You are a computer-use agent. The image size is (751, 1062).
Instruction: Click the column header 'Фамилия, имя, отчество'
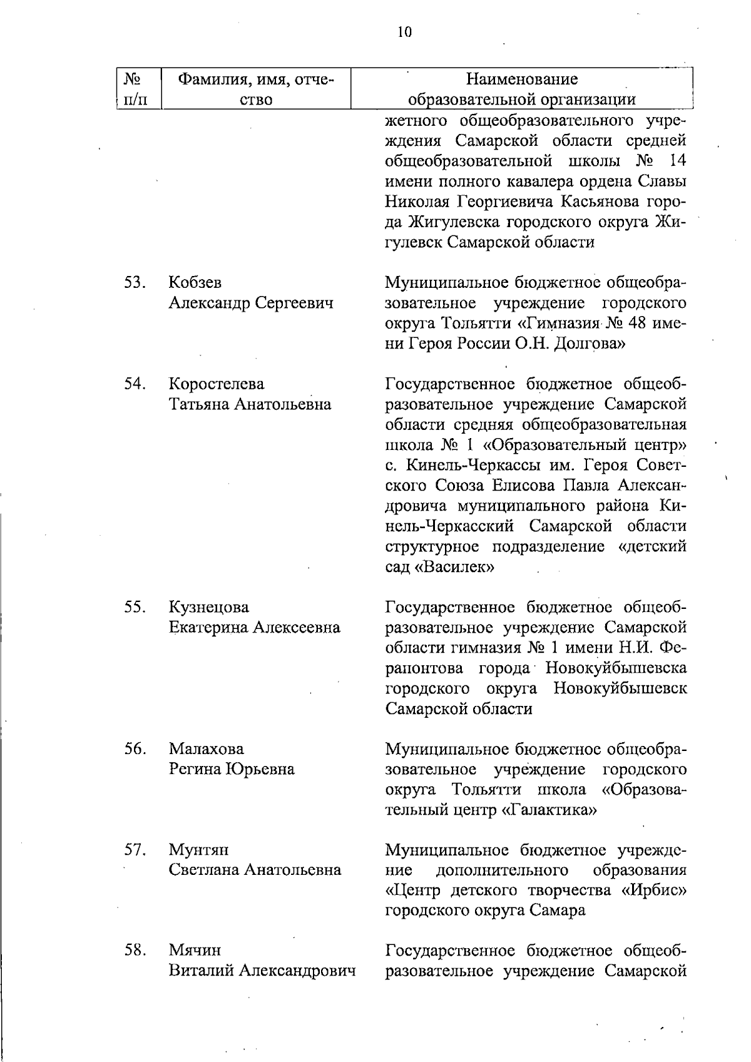coord(257,89)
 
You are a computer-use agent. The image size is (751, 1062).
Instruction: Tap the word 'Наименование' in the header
coord(522,79)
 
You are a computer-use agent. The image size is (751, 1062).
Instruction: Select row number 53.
coord(135,282)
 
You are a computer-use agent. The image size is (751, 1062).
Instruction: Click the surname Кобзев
coord(195,282)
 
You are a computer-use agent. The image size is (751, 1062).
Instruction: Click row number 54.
coord(135,384)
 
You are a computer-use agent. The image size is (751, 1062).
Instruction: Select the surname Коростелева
coord(217,384)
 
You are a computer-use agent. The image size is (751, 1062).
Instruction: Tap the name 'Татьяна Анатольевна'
coord(250,404)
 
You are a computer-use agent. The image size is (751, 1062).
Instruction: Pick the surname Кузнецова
coord(208,607)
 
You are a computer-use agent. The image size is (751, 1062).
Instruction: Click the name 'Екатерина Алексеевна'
coord(254,627)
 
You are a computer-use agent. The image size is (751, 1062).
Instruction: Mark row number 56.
coord(135,748)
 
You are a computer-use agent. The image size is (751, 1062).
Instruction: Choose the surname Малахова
coord(206,748)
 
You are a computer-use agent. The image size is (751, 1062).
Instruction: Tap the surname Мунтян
coord(198,850)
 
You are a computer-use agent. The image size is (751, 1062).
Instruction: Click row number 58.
coord(135,951)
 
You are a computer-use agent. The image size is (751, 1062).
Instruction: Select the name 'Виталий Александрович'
coord(262,971)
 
